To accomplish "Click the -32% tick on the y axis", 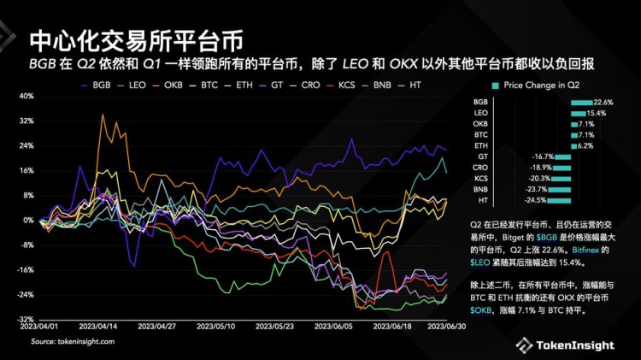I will (24, 319).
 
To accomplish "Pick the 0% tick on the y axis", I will (27, 220).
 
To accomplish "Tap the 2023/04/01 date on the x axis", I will (39, 326).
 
